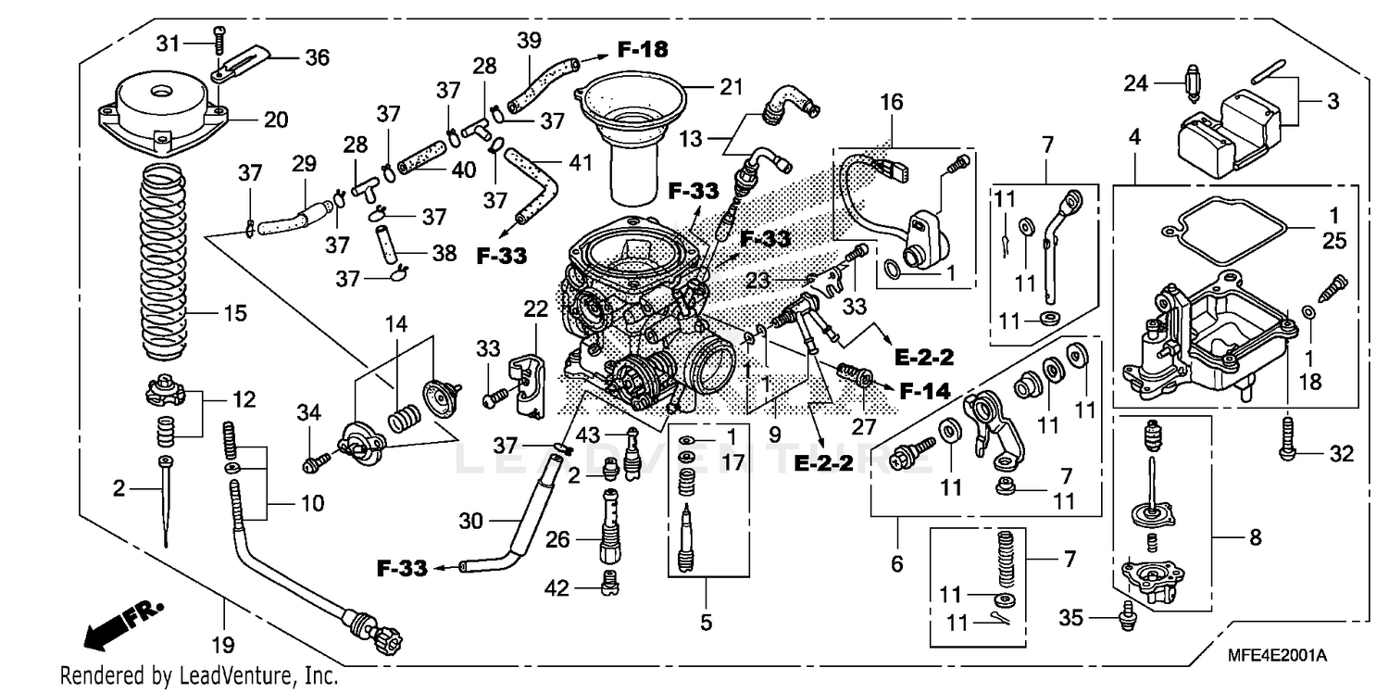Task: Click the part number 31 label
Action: (167, 44)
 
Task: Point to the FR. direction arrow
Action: (121, 625)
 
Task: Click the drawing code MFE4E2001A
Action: (1278, 655)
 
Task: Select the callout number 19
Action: (225, 644)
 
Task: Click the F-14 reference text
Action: (924, 391)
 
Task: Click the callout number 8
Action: (1256, 536)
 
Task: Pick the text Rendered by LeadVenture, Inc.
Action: (198, 676)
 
